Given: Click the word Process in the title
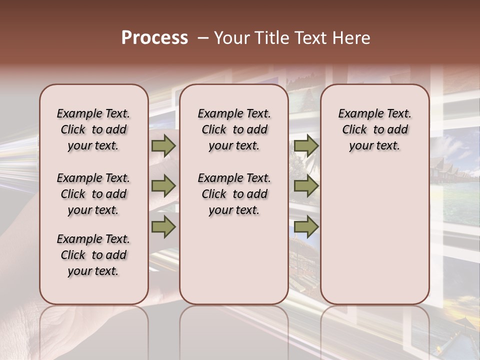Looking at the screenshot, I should (x=154, y=38).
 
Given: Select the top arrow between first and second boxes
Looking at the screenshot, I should (x=163, y=146).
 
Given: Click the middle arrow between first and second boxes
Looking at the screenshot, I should (x=163, y=186).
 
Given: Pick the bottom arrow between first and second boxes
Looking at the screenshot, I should (x=163, y=226).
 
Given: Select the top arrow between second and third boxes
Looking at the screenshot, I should (x=306, y=146).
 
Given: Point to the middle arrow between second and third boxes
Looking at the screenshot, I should (x=306, y=186).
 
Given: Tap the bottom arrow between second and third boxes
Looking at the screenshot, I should (x=306, y=226).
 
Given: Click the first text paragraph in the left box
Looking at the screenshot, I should (x=93, y=129).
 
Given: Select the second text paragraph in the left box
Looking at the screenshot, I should (x=93, y=194).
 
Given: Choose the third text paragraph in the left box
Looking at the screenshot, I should (x=93, y=255).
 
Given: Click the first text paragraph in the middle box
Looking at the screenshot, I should (x=234, y=129).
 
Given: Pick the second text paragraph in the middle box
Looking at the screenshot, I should (x=234, y=194).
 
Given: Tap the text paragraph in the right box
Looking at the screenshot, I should (x=375, y=129).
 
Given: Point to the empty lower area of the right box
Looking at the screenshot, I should (x=375, y=230).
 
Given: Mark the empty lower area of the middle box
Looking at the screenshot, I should (x=234, y=260).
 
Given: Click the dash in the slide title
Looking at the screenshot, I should (x=203, y=38).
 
